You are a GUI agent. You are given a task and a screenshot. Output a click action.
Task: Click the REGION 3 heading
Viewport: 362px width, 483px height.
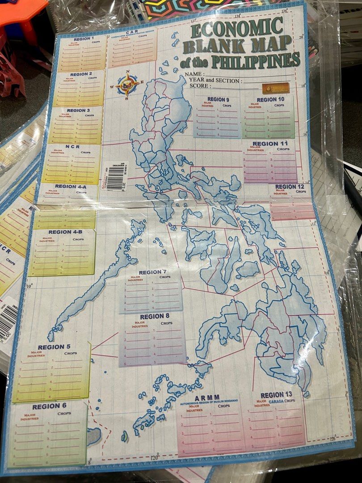coord(79,110)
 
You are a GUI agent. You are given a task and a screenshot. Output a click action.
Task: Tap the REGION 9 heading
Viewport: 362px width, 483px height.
coord(218,99)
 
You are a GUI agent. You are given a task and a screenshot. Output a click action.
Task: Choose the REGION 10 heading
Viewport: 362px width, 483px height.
coord(270,99)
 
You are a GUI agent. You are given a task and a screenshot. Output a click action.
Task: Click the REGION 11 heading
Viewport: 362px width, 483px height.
coord(270,144)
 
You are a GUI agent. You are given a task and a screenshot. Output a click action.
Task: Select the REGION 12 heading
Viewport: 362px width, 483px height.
coord(289,186)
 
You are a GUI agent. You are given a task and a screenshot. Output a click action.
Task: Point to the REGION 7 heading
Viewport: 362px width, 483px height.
coord(152,272)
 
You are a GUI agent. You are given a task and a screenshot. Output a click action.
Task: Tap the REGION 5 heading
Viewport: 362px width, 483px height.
coord(54,347)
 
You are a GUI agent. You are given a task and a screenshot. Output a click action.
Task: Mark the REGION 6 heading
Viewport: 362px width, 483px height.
coord(49,407)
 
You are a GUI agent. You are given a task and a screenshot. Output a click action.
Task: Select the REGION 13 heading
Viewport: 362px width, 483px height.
coord(276,395)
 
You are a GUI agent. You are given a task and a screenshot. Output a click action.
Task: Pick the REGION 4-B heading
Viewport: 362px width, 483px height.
coord(65,232)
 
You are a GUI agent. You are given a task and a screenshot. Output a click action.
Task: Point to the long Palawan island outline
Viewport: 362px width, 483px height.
coord(94,282)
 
